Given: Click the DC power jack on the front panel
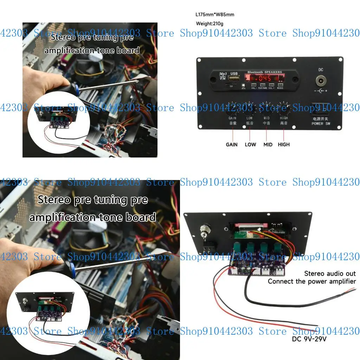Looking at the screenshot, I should pyautogui.click(x=320, y=82).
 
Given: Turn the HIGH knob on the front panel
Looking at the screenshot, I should pyautogui.click(x=284, y=109).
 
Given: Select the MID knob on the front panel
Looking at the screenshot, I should pyautogui.click(x=266, y=109).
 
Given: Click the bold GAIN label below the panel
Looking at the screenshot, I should pyautogui.click(x=232, y=144).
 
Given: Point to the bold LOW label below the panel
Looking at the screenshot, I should pyautogui.click(x=250, y=144).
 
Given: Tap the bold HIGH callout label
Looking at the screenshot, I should pyautogui.click(x=284, y=144).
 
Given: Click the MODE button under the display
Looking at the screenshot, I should pyautogui.click(x=280, y=85).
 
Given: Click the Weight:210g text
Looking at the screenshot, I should pyautogui.click(x=210, y=24).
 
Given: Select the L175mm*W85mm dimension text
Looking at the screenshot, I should pyautogui.click(x=215, y=15).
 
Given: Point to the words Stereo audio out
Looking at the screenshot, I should pyautogui.click(x=330, y=274).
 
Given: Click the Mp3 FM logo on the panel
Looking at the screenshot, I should pyautogui.click(x=223, y=76).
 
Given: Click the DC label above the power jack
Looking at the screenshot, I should pyautogui.click(x=321, y=70).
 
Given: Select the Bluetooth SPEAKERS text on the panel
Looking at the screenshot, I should pyautogui.click(x=264, y=72).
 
